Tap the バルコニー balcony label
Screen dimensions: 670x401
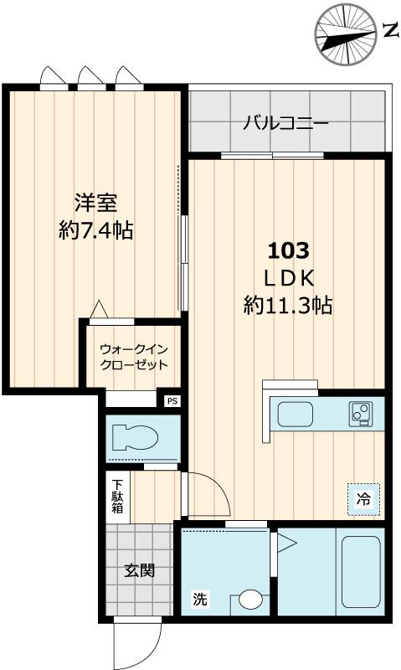coord(285,123)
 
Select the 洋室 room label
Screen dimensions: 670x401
coord(95,203)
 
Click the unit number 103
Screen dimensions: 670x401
coord(288,250)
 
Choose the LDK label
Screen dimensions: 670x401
coord(288,277)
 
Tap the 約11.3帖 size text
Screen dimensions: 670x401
coord(288,306)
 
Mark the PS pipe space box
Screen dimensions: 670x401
coord(172,401)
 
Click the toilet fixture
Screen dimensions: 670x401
coord(133,436)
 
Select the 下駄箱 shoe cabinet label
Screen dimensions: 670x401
coord(118,496)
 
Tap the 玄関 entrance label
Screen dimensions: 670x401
coord(140,572)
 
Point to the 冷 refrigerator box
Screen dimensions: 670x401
coord(363,499)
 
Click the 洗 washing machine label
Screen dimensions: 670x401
coord(200,599)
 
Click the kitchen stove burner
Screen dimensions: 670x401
coord(362,412)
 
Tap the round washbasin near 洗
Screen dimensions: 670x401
coord(249,600)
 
